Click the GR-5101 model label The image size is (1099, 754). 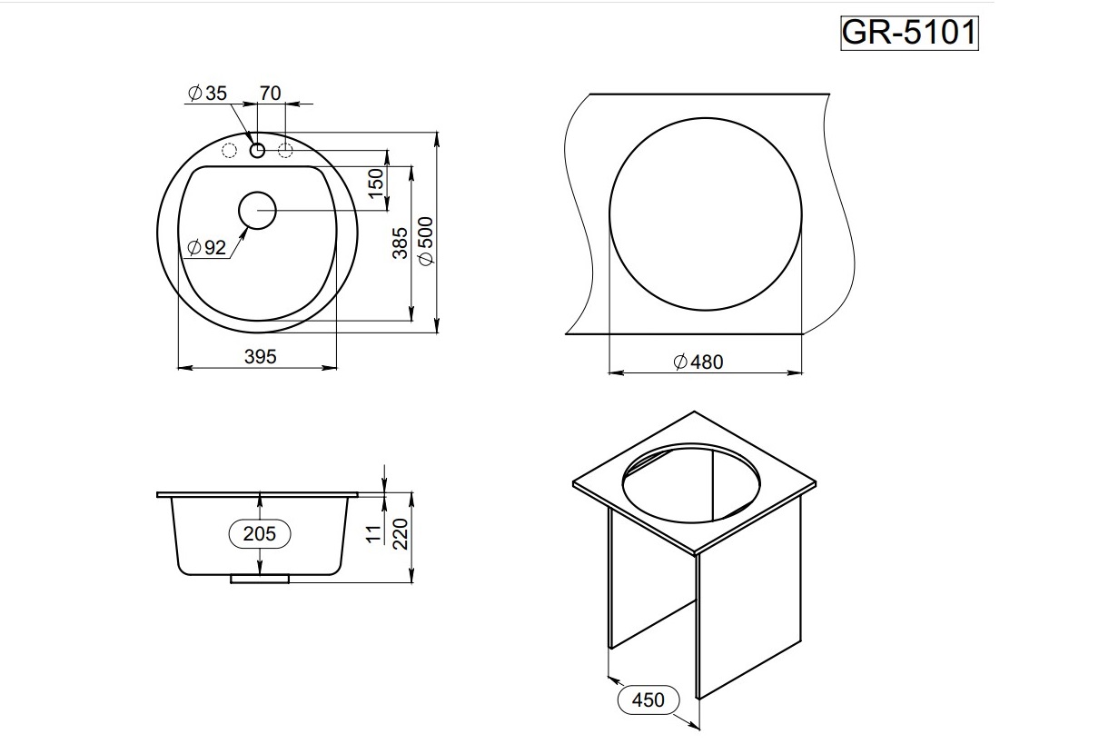(x=909, y=33)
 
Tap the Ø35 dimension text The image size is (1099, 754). (x=207, y=93)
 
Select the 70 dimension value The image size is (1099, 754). (x=271, y=93)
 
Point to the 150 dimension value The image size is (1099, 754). (x=376, y=183)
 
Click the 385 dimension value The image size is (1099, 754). (x=401, y=243)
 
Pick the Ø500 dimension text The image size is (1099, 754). (x=426, y=241)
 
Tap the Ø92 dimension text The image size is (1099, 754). (x=207, y=248)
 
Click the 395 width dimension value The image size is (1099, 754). (x=261, y=357)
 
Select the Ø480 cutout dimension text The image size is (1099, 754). (x=698, y=362)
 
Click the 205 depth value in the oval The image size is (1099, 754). (x=260, y=534)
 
